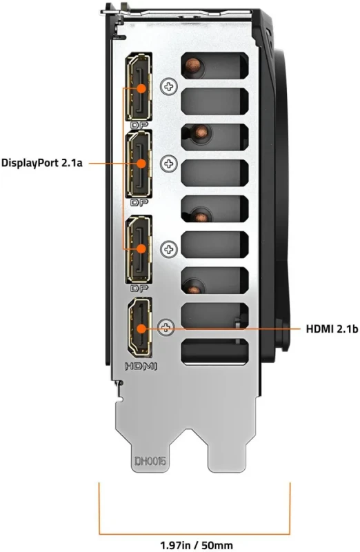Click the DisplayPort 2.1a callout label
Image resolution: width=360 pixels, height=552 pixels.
(x=43, y=164)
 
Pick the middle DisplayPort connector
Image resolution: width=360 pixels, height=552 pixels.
(x=140, y=164)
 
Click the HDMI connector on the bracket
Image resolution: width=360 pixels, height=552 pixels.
(x=140, y=329)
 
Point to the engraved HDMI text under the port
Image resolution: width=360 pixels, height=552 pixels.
(x=140, y=366)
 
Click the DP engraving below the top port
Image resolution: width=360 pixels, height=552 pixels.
(x=139, y=125)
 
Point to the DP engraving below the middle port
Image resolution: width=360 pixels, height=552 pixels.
(x=139, y=204)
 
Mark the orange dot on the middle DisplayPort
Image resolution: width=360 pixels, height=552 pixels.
(x=141, y=164)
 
